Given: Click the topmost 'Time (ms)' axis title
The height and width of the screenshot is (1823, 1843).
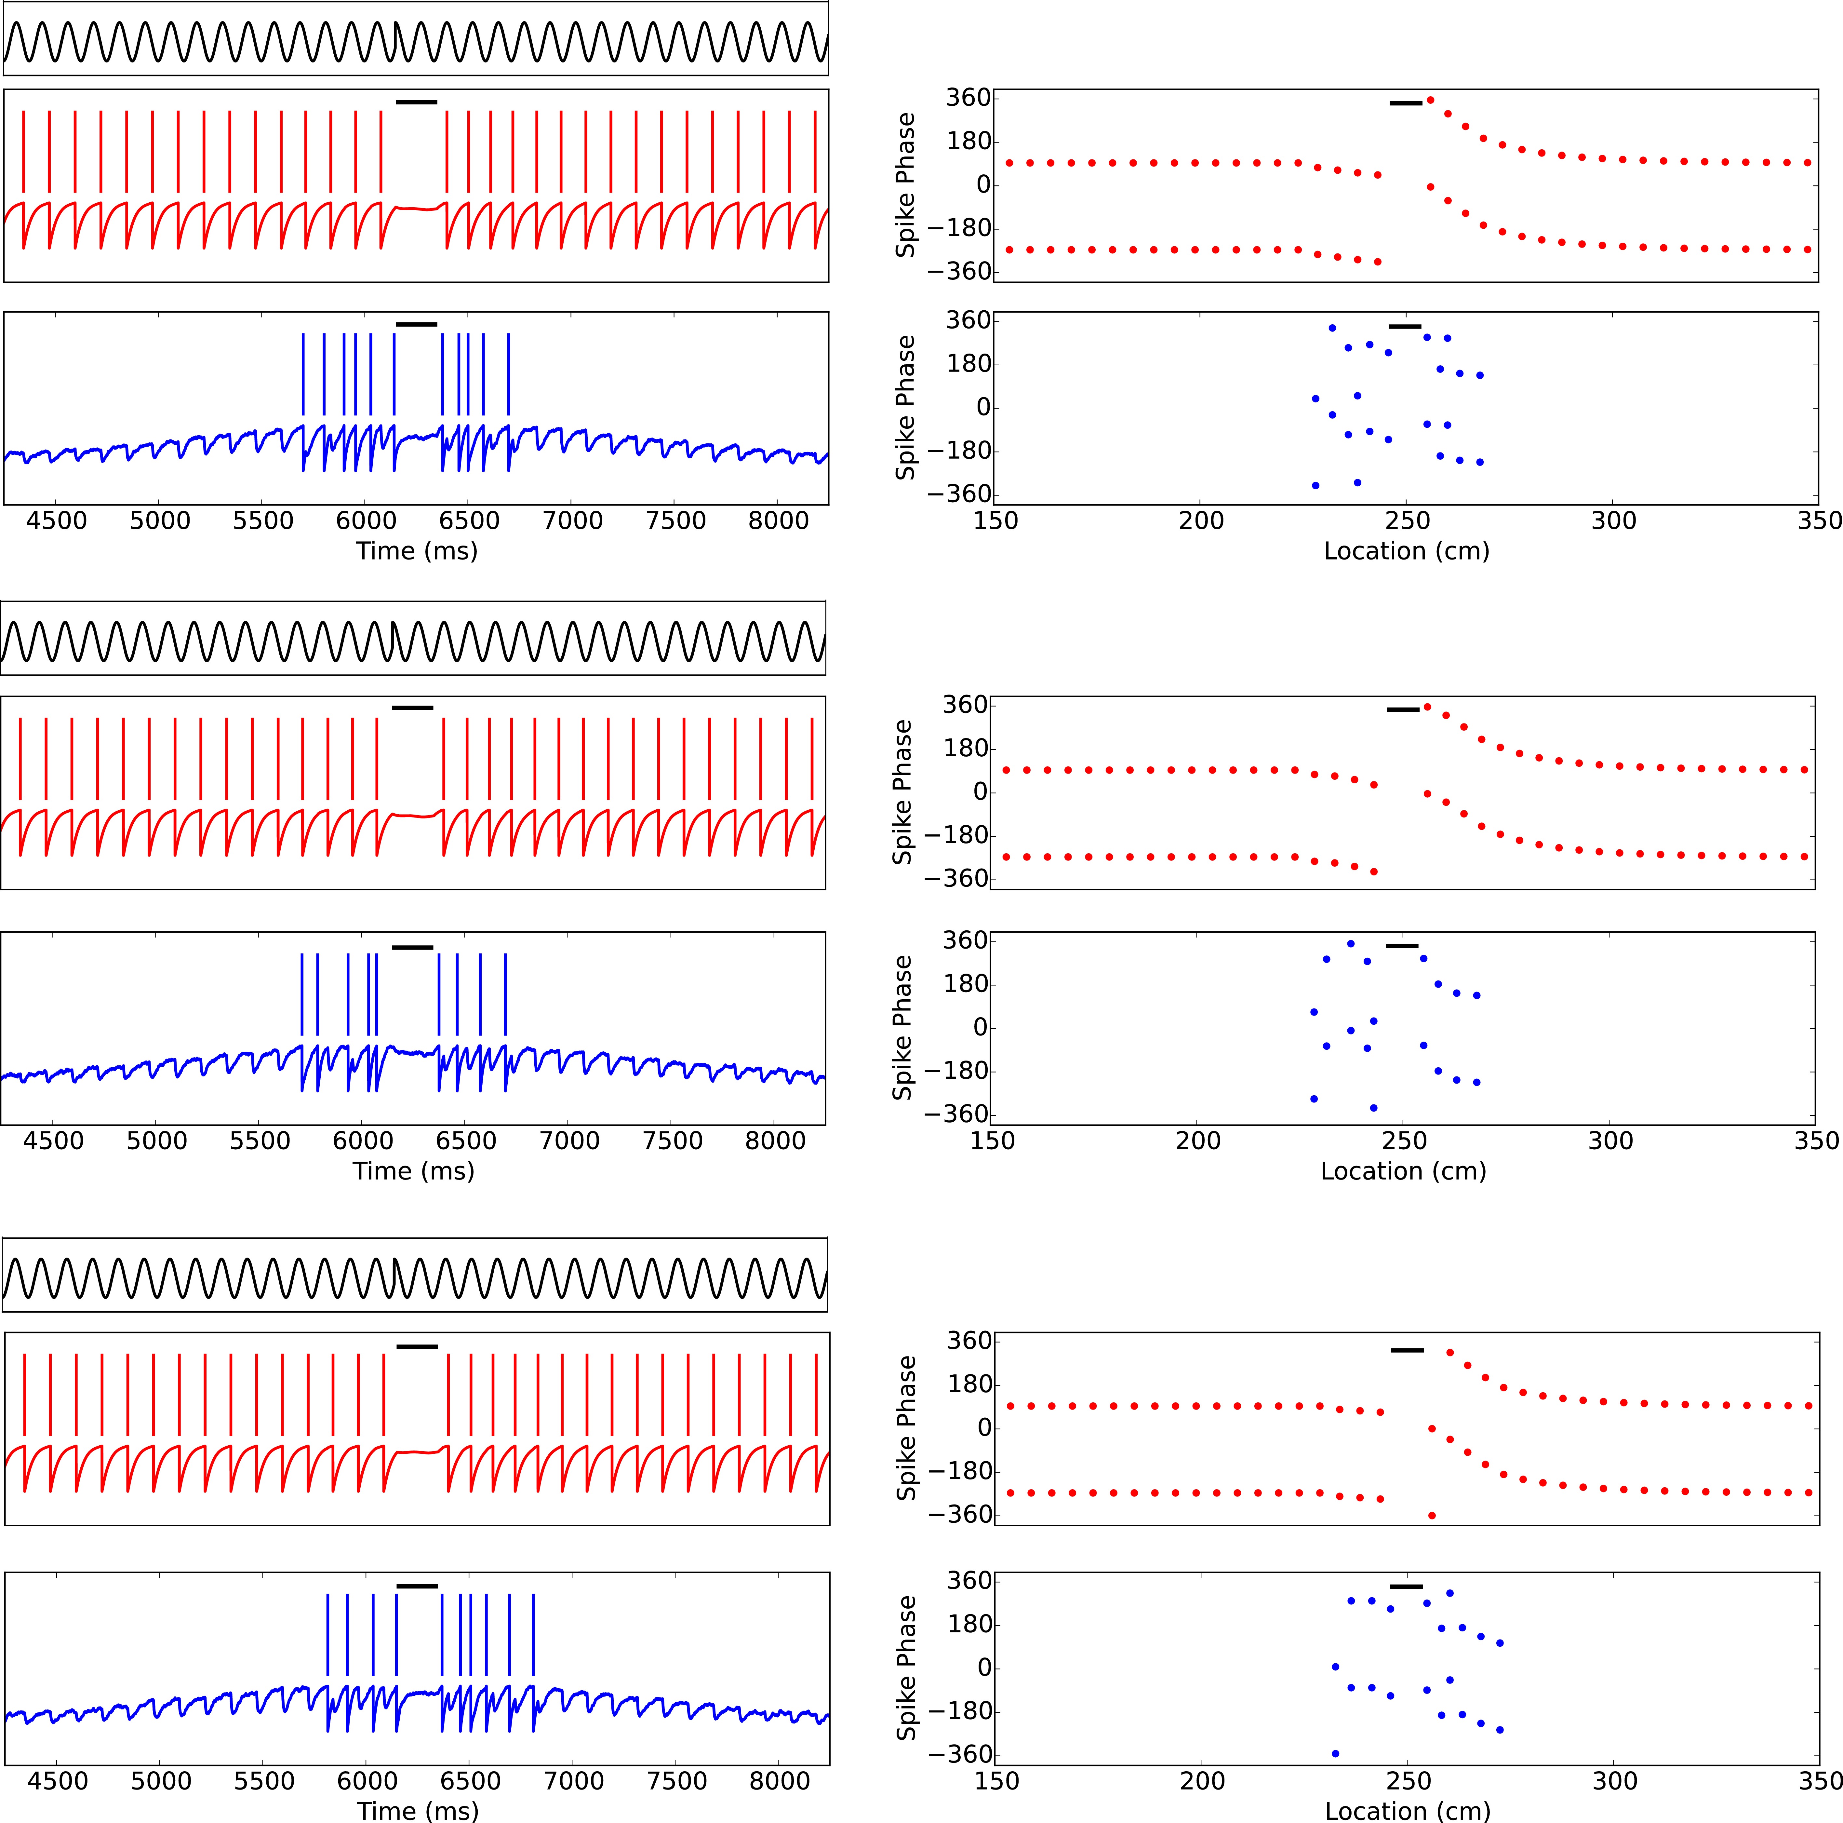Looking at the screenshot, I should pyautogui.click(x=417, y=551).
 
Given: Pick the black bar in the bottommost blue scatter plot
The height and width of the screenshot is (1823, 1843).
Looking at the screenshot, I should pyautogui.click(x=1406, y=1587).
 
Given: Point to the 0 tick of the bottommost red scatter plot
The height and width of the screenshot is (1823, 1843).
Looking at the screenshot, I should pyautogui.click(x=982, y=1428).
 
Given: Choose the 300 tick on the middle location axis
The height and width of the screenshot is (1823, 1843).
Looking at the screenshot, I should pyautogui.click(x=1610, y=1141).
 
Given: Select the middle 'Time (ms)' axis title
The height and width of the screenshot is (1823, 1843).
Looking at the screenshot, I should pyautogui.click(x=413, y=1171).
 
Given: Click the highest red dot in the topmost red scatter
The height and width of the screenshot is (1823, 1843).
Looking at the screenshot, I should pyautogui.click(x=1430, y=99).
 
